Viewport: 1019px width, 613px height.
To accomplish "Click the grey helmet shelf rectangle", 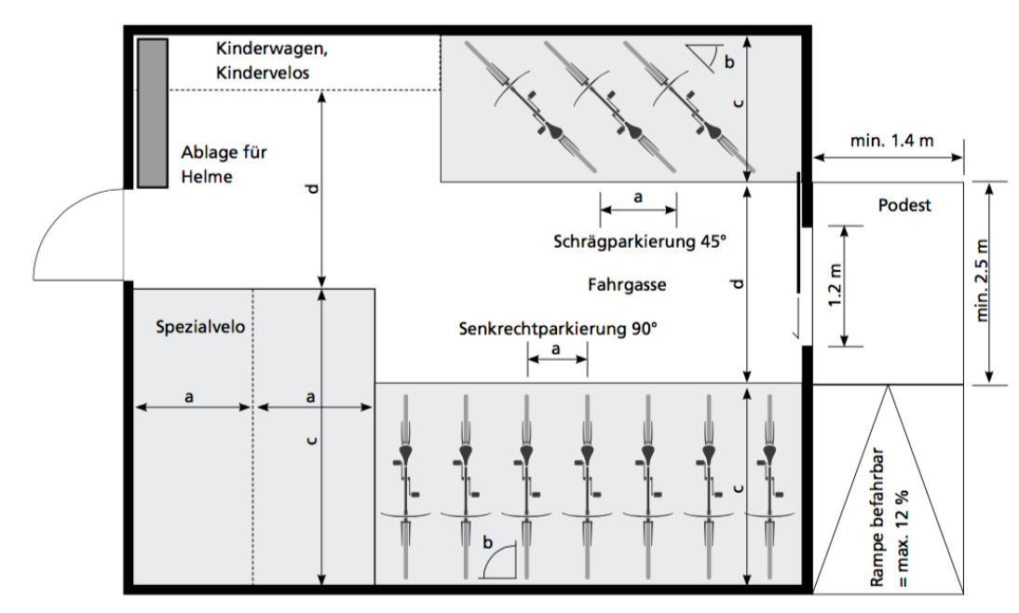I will [x=152, y=113].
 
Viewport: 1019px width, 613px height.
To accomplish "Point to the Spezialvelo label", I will [x=193, y=327].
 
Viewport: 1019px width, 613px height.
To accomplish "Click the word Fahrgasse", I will [x=626, y=285].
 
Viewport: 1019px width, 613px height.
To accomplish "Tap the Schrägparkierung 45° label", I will [x=638, y=240].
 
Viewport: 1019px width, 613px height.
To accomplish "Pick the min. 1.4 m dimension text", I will [x=891, y=141].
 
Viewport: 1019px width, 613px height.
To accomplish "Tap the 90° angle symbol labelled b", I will [x=498, y=561].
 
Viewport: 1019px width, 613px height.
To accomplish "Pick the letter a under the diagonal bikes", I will [x=638, y=198].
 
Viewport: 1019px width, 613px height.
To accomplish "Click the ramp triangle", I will [x=888, y=503].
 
